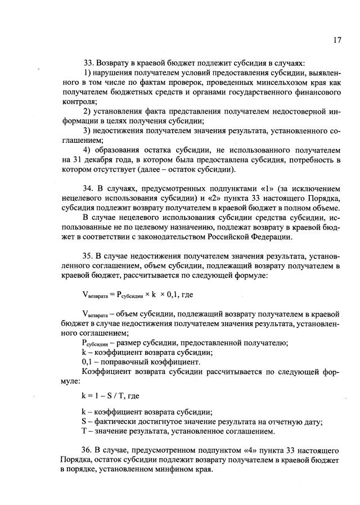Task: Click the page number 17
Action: point(337,40)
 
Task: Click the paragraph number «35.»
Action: point(89,256)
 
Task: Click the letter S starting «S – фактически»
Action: point(84,422)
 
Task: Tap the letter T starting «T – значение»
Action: point(84,431)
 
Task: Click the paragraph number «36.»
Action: point(89,450)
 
